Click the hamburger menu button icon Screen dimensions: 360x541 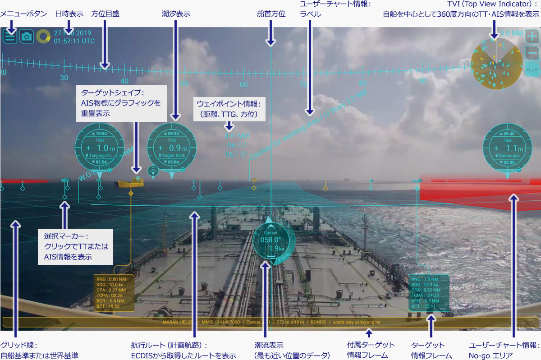pyautogui.click(x=10, y=37)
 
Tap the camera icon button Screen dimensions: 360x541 pyautogui.click(x=27, y=37)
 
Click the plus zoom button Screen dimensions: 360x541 pyautogui.click(x=532, y=36)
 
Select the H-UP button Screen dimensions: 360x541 pyautogui.click(x=532, y=70)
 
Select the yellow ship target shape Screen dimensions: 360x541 pyautogui.click(x=131, y=182)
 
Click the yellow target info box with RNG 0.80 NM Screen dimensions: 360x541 pyautogui.click(x=114, y=293)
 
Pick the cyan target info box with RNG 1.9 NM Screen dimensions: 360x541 pyautogui.click(x=429, y=293)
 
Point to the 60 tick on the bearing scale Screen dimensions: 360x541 pyautogui.click(x=243, y=84)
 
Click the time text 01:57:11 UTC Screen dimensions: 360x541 pyautogui.click(x=74, y=41)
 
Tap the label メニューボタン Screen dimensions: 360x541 pyautogui.click(x=23, y=14)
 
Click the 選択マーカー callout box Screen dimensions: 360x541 pyautogui.click(x=75, y=246)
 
